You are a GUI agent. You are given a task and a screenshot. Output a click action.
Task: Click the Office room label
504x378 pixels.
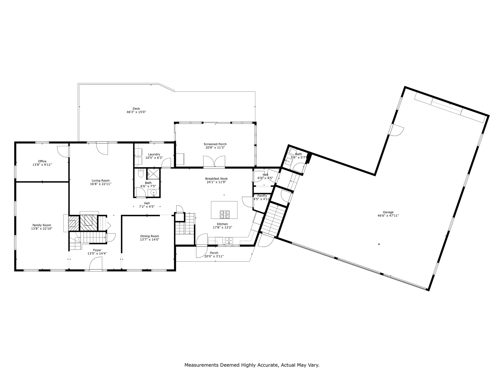42,161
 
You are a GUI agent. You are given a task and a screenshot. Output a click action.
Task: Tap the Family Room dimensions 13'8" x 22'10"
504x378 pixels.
42,229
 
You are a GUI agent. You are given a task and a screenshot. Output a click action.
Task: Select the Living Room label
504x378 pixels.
101,181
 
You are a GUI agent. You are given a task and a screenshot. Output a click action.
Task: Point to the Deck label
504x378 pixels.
136,108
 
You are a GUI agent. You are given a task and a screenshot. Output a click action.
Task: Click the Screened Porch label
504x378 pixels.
215,144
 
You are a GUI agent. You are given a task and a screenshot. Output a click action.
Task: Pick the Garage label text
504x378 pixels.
388,212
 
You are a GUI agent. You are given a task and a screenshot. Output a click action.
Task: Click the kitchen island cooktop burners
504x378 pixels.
224,214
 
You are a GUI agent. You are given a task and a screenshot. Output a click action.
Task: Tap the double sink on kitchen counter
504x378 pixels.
229,240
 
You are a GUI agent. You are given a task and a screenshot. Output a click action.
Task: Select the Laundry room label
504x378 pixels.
154,154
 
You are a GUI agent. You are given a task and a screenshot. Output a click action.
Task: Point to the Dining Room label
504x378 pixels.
150,236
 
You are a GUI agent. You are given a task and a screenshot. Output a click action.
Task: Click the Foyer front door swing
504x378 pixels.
96,264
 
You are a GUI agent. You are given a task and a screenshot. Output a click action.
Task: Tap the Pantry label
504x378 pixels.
262,196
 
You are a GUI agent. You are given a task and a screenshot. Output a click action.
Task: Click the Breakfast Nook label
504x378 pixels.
216,179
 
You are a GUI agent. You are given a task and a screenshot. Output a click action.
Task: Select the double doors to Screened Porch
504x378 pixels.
214,161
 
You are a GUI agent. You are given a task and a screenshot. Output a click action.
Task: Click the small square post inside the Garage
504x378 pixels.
379,244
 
